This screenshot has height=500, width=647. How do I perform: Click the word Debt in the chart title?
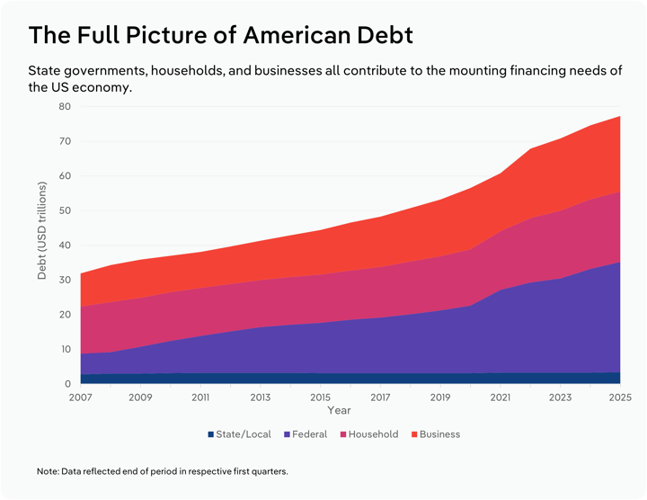click(378, 35)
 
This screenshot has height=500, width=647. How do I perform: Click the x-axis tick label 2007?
click(80, 397)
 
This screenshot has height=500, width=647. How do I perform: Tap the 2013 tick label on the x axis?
click(260, 397)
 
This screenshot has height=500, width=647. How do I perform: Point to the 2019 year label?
click(440, 397)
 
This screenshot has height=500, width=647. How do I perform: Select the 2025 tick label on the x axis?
click(620, 397)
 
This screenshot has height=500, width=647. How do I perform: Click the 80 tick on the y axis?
click(65, 106)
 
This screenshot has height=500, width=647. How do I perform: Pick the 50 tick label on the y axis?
click(65, 210)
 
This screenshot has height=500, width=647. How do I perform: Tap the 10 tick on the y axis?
click(65, 349)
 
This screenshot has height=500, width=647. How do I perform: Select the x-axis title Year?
click(339, 410)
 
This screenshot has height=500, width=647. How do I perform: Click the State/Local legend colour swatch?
click(208, 434)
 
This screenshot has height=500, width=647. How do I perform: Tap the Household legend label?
click(373, 434)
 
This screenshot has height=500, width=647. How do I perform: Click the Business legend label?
click(439, 434)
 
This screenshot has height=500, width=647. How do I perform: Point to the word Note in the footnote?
click(47, 471)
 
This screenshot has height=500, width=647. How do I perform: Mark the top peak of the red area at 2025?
click(619, 116)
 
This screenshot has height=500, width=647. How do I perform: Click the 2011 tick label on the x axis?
click(200, 397)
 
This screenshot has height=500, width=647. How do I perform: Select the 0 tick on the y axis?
click(67, 384)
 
